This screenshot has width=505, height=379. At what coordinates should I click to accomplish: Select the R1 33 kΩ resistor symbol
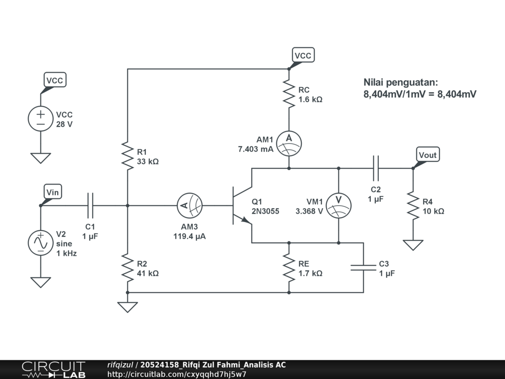coord(128,156)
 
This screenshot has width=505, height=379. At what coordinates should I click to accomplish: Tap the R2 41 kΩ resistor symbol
coord(128,268)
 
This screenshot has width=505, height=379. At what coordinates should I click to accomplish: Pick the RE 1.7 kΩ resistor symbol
coord(289,268)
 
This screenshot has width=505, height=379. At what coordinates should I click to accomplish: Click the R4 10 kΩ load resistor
coord(413,206)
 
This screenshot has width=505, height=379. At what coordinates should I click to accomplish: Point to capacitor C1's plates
coord(90,206)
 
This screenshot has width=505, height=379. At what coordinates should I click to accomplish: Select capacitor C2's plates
coord(375,168)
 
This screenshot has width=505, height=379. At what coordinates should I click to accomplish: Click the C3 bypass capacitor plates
coord(363,267)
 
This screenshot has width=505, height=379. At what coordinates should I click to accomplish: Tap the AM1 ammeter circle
coord(289,144)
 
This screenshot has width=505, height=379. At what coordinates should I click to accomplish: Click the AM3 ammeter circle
coord(190,206)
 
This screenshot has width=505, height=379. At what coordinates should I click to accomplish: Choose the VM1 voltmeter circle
coord(338,206)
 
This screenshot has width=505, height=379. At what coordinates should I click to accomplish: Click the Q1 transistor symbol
coord(242,206)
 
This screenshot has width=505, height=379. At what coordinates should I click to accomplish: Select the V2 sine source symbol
coord(40,243)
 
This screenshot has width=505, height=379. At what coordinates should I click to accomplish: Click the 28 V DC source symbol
coord(40,118)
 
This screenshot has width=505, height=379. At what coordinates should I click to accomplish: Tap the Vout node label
coord(428,154)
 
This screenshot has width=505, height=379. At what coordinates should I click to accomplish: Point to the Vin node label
coord(52,192)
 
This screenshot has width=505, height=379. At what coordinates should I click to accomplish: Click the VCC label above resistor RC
coord(303,55)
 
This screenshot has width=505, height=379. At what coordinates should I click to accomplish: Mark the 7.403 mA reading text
coord(256,149)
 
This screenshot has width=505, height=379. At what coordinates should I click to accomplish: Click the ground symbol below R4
coord(413,245)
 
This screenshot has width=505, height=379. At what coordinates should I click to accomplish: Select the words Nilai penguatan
coord(400,82)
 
